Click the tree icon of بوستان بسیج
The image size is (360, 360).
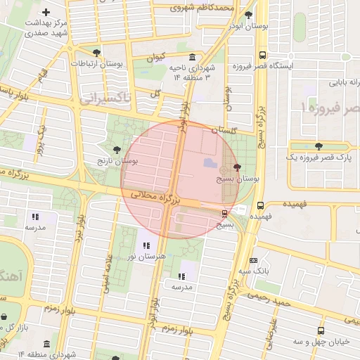click(236, 167)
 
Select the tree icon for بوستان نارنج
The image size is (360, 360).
click(117, 149)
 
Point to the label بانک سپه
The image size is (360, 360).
click(254, 271)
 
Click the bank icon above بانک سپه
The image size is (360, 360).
click(254, 260)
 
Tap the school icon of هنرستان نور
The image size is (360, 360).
click(146, 245)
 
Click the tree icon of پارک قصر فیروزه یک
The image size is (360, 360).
click(319, 147)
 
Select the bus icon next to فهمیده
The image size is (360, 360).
click(261, 206)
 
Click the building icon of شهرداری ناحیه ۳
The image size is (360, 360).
click(192, 57)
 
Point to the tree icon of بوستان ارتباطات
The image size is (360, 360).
click(96, 52)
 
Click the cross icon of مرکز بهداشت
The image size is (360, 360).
click(46, 12)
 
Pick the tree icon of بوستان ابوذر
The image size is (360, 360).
click(249, 14)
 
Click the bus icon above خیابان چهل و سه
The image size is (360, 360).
click(321, 330)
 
